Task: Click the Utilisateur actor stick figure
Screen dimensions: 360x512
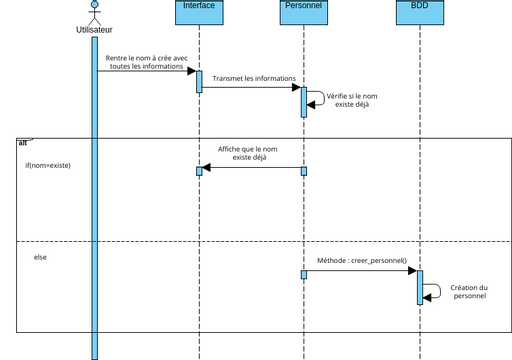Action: pyautogui.click(x=94, y=12)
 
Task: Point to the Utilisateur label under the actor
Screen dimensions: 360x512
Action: pyautogui.click(x=94, y=30)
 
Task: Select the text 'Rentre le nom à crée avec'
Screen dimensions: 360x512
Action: pyautogui.click(x=146, y=58)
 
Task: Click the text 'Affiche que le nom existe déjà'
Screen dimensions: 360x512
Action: pyautogui.click(x=248, y=153)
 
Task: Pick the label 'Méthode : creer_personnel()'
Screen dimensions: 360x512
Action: pyautogui.click(x=361, y=260)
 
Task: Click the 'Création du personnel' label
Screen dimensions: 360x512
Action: pyautogui.click(x=469, y=291)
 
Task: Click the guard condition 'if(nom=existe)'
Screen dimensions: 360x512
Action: pyautogui.click(x=48, y=164)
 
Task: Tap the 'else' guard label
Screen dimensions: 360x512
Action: pyautogui.click(x=40, y=257)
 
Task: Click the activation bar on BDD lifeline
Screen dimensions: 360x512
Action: pyautogui.click(x=420, y=287)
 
